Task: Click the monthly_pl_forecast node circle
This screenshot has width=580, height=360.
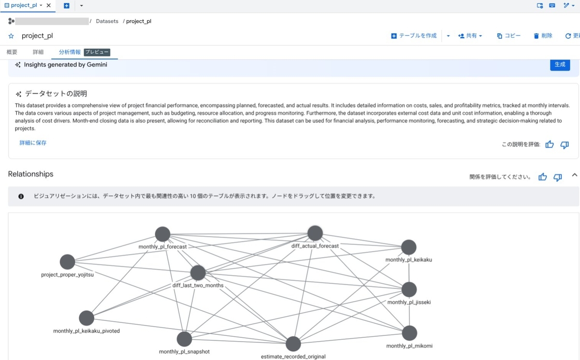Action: [x=162, y=234]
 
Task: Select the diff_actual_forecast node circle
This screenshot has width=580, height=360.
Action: [x=315, y=233]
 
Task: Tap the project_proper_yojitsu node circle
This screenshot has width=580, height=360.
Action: [x=67, y=261]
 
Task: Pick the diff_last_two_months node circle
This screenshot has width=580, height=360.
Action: [x=198, y=273]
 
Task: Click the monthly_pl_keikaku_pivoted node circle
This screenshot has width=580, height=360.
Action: [x=87, y=318]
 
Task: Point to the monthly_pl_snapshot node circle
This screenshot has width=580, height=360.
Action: [x=184, y=339]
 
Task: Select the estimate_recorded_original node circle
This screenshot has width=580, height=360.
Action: [x=293, y=344]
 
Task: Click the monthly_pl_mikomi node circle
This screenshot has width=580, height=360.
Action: [x=409, y=333]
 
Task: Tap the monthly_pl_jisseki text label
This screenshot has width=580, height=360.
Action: [x=409, y=302]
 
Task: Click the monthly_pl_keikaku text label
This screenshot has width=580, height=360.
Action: [x=408, y=259]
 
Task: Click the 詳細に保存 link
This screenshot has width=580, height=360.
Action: [x=33, y=143]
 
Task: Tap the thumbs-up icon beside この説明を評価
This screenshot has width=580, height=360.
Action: [x=550, y=144]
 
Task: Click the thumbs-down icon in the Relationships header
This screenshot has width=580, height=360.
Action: [x=557, y=177]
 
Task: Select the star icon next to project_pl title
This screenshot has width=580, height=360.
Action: [x=11, y=36]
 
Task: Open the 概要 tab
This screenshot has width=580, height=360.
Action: [x=12, y=52]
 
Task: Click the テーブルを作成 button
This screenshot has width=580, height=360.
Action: [x=414, y=36]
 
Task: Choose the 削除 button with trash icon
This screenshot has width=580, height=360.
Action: [x=543, y=36]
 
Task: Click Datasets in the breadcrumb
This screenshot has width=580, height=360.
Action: [x=107, y=21]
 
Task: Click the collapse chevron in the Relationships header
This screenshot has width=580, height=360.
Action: [x=575, y=175]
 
